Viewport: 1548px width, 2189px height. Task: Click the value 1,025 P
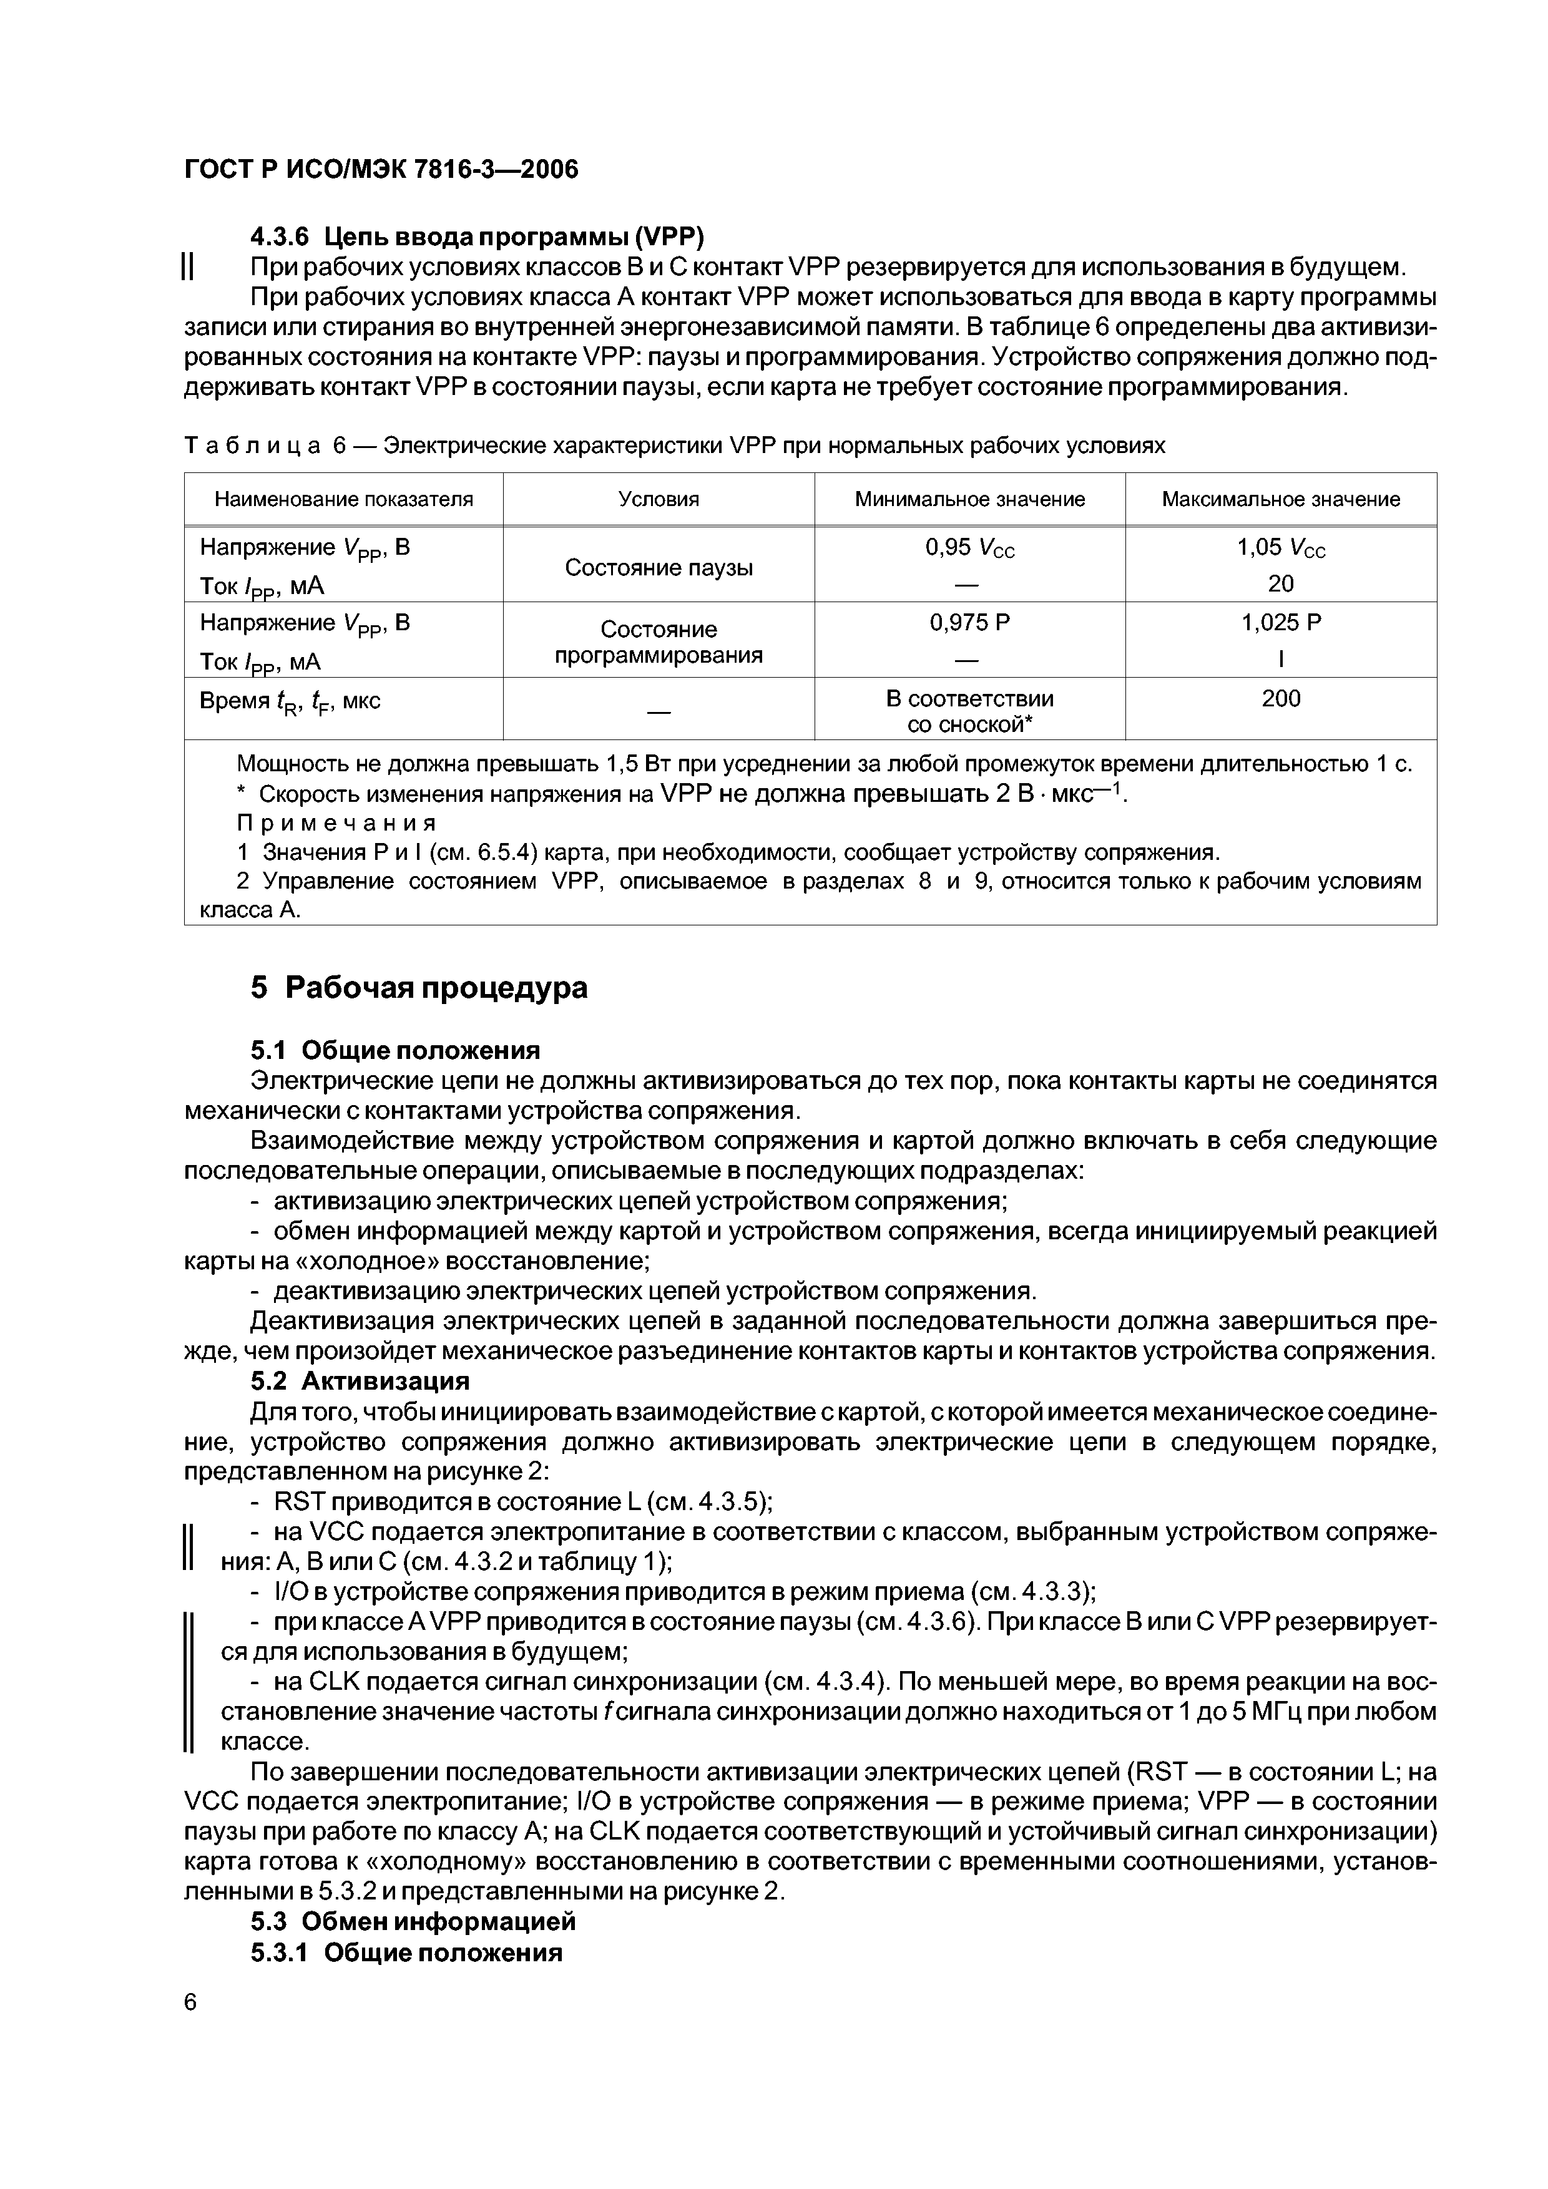(1280, 623)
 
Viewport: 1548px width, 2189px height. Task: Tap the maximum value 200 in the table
(1280, 698)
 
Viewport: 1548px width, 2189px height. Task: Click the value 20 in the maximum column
(1280, 583)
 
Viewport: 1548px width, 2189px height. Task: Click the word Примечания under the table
(336, 822)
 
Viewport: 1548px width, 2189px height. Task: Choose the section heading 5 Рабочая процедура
(419, 988)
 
